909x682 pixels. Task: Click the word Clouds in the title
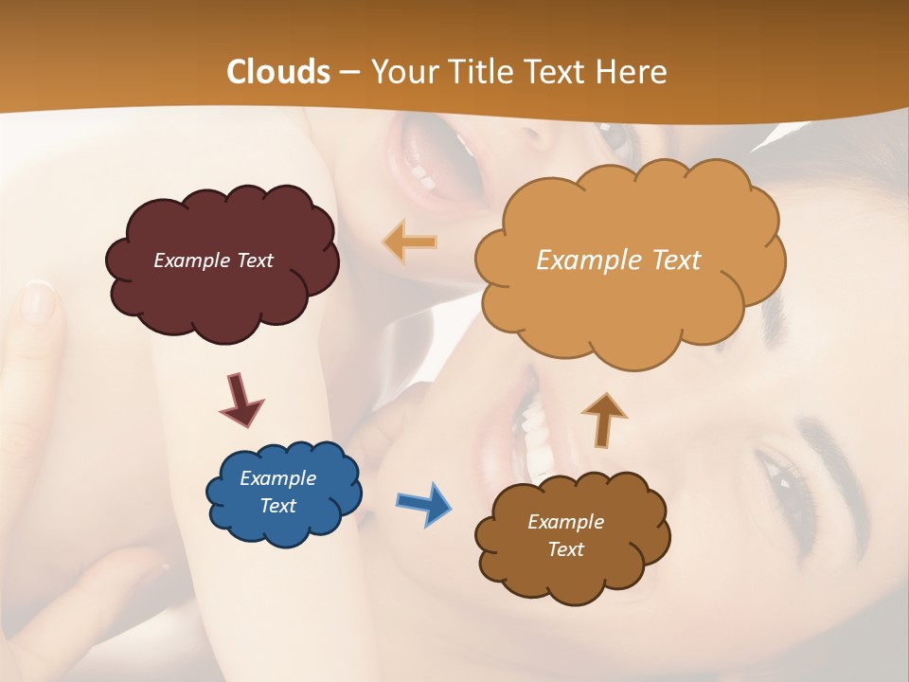tap(278, 72)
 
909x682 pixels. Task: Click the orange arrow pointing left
tap(409, 242)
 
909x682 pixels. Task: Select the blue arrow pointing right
tap(423, 503)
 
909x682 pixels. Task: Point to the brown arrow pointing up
tap(603, 419)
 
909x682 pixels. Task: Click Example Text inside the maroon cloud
tap(213, 260)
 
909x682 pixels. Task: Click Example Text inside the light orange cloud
tap(618, 260)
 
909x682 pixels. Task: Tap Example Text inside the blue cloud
tap(278, 492)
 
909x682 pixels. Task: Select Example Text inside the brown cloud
tap(565, 535)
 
